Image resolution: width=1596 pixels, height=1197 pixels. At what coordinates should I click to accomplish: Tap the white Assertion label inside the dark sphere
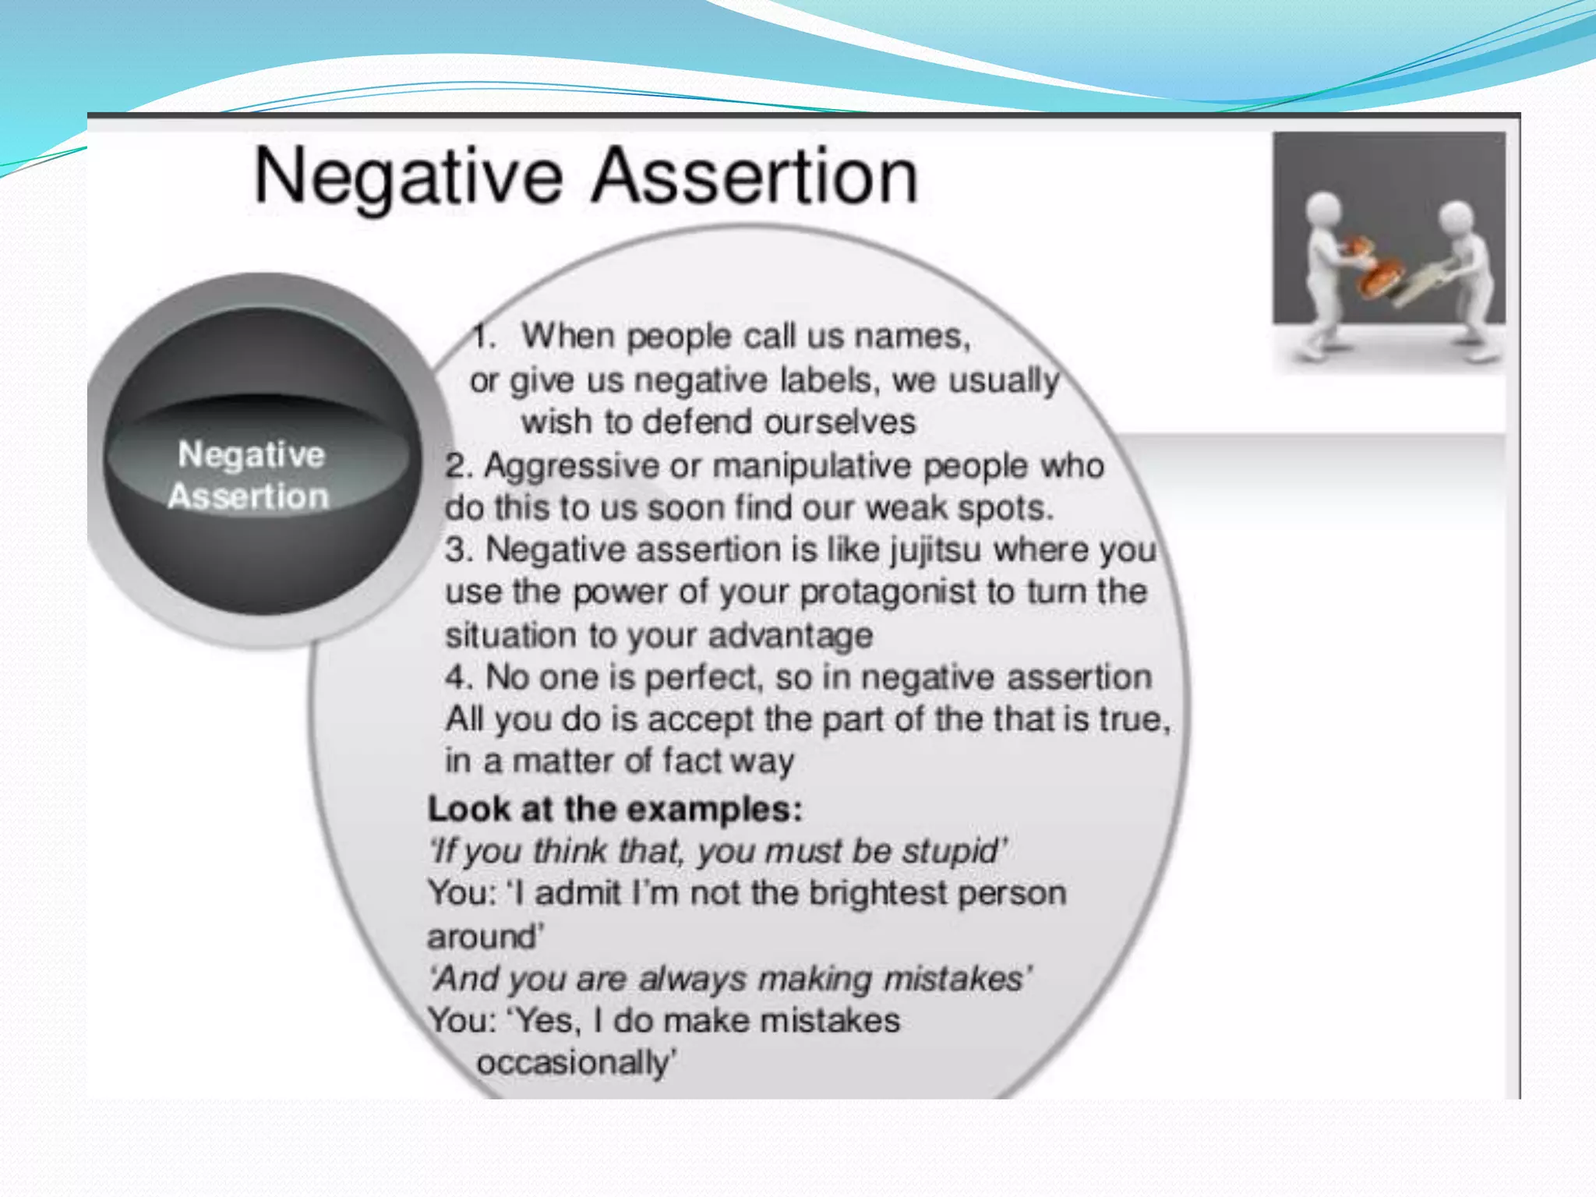249,496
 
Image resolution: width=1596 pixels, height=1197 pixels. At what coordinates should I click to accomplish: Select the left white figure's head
1322,208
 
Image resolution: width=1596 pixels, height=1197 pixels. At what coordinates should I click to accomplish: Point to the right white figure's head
1456,217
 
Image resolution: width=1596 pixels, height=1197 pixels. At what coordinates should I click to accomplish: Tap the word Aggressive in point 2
571,466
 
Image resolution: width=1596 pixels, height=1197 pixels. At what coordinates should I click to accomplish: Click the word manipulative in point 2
811,466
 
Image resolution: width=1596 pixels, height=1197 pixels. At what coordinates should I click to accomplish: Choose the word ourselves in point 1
839,422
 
